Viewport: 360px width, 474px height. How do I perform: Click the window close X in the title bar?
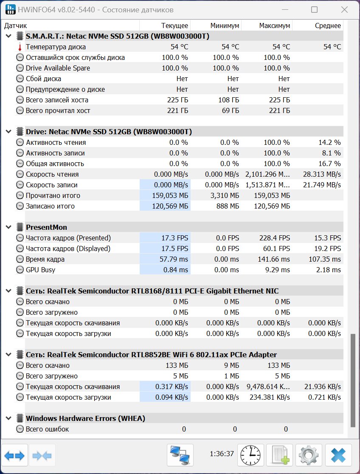344,10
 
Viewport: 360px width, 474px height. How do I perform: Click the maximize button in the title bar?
314,10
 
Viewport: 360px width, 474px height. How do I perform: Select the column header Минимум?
225,25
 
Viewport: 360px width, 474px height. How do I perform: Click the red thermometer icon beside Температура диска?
20,47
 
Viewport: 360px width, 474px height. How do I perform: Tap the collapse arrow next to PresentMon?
9,227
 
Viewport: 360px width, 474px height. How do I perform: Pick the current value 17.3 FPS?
174,238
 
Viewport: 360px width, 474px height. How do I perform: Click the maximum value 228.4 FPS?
275,238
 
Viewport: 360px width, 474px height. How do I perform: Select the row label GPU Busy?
40,270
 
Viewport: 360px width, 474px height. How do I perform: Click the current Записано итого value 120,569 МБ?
170,206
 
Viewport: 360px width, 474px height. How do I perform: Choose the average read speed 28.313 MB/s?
322,175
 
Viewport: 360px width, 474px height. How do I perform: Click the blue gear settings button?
308,455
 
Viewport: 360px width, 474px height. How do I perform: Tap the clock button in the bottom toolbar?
250,455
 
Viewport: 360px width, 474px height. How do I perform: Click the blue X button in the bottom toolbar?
338,455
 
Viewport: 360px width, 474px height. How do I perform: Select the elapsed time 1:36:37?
222,454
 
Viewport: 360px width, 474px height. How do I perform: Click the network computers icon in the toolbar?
180,455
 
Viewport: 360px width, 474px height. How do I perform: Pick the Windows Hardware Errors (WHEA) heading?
85,418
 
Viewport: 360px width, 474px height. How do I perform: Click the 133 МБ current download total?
177,365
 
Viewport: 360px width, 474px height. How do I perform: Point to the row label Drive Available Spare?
58,68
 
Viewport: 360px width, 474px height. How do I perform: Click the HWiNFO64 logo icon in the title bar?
11,10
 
